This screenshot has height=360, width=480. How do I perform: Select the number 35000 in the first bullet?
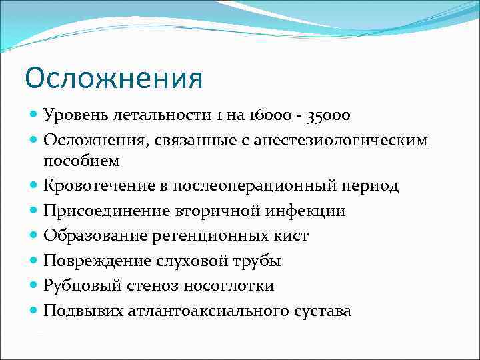[328, 115]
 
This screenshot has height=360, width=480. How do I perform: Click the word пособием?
[81, 161]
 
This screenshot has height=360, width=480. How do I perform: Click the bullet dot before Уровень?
[34, 115]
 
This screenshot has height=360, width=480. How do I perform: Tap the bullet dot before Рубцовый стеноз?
[34, 286]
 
